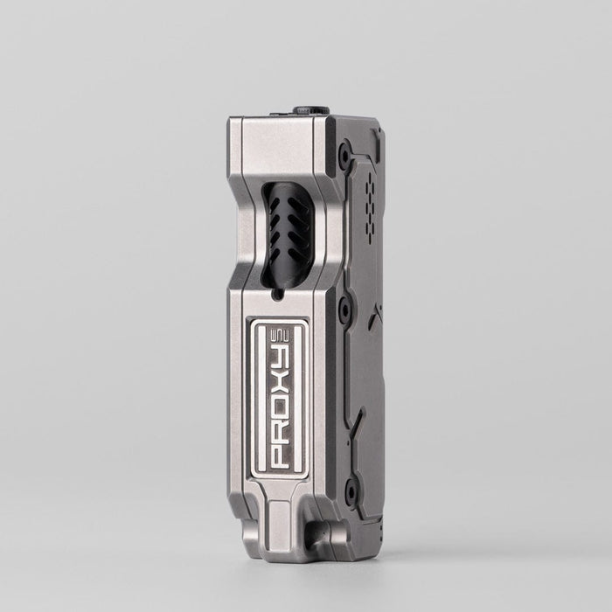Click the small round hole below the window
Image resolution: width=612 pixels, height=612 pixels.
277,295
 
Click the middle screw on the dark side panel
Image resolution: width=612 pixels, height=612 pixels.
344,308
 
